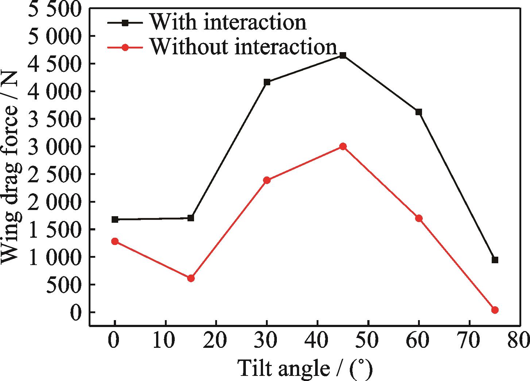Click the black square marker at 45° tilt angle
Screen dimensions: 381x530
tap(343, 55)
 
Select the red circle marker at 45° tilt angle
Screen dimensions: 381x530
tap(343, 146)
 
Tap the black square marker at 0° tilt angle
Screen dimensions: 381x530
tap(115, 219)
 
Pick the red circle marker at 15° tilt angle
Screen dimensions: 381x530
tap(191, 278)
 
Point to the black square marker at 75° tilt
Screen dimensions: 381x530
tap(495, 260)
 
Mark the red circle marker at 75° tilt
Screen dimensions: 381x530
tap(495, 310)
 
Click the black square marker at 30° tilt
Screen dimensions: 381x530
tap(267, 82)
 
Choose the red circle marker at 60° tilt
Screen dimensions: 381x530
tap(419, 218)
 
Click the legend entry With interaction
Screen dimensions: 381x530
tap(228, 22)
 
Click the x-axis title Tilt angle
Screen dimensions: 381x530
tap(306, 369)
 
